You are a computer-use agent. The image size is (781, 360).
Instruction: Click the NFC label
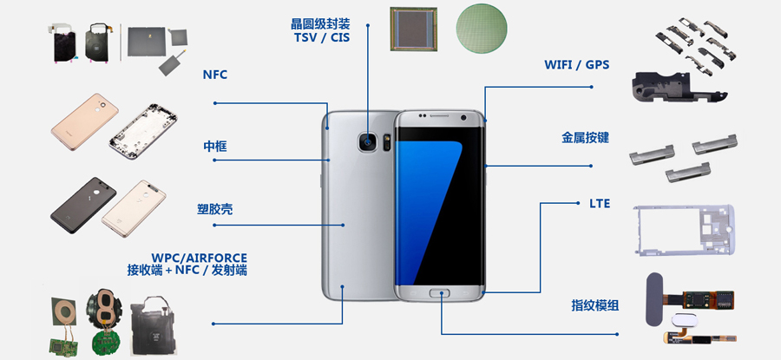(214, 75)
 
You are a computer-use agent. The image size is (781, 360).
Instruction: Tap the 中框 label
(214, 147)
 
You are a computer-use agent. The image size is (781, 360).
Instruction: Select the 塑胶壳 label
(214, 210)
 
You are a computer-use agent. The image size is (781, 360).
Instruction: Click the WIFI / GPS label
(575, 65)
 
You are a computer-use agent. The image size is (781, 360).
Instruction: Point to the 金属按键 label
(585, 137)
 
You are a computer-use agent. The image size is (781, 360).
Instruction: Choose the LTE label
(600, 204)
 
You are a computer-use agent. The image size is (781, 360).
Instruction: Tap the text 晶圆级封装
(320, 23)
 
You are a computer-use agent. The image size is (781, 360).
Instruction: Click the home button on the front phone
(442, 293)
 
